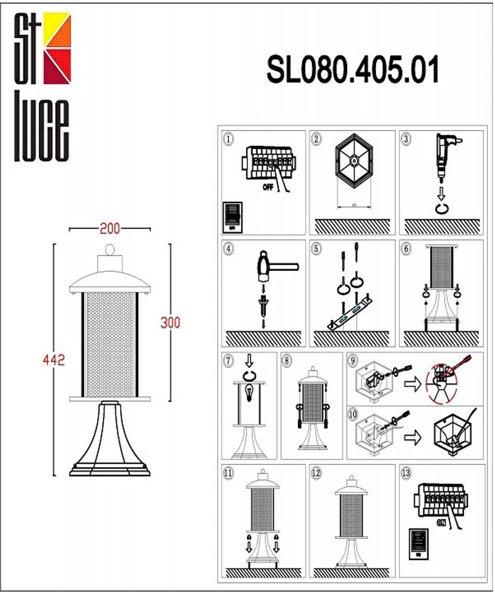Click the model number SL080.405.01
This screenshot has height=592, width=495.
[x=353, y=70]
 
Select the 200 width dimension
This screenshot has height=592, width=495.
[x=109, y=229]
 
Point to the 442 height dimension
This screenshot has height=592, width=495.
[x=54, y=360]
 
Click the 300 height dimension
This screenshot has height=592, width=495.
[x=170, y=322]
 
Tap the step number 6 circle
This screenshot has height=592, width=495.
[x=406, y=249]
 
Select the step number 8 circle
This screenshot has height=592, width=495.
[x=287, y=361]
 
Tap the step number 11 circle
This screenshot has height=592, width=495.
[x=228, y=473]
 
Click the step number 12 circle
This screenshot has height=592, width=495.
[x=316, y=473]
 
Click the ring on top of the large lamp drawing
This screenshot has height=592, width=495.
[x=110, y=249]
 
